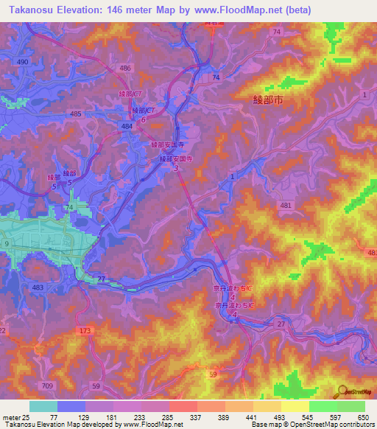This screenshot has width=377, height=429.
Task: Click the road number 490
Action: [23, 62]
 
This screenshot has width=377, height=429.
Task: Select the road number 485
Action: [76, 114]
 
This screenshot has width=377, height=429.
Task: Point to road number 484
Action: [127, 127]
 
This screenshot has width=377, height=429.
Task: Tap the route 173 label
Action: [86, 332]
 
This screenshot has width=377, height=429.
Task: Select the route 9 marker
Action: [7, 243]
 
